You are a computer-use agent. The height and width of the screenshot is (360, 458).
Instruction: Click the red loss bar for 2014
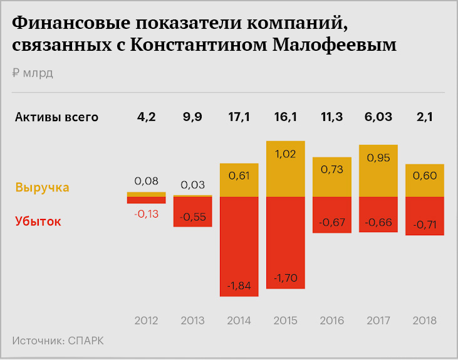239,246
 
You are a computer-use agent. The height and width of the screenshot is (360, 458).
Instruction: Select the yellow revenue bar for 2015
285,169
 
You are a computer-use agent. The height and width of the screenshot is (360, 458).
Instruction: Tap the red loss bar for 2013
192,211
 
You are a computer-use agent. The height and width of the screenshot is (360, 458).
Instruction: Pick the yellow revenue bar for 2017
378,171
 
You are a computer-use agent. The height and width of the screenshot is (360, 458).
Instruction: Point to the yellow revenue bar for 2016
331,177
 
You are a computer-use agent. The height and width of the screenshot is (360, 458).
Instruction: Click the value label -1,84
239,286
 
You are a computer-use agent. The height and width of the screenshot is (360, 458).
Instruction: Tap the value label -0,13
146,214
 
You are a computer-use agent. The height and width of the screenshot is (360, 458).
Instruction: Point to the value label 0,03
192,185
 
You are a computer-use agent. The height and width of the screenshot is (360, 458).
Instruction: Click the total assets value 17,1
239,117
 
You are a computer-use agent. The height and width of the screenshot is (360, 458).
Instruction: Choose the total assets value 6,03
378,117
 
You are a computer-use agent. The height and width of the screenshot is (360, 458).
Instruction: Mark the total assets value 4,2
146,117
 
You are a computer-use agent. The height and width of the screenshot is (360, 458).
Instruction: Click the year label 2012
146,320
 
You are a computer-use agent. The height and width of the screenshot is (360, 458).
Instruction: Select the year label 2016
331,320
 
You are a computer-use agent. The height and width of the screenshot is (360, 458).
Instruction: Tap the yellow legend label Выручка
42,188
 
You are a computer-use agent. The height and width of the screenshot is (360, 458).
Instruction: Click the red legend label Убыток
38,221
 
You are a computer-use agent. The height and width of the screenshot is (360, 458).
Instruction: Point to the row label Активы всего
56,117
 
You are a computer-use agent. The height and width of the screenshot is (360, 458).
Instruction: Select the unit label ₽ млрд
33,72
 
